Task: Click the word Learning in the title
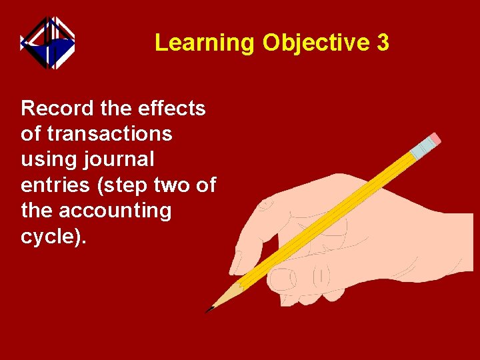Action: [x=204, y=43]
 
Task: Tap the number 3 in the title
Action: [x=383, y=43]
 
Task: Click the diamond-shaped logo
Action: [x=47, y=43]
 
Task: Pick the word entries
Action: [x=56, y=185]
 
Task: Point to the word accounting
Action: [x=115, y=211]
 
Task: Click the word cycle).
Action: [x=53, y=237]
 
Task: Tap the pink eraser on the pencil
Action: [x=434, y=139]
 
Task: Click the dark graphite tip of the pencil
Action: [x=209, y=309]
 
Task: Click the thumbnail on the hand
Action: [x=283, y=279]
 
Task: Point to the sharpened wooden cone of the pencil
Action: [x=225, y=297]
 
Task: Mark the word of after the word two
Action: [x=206, y=185]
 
